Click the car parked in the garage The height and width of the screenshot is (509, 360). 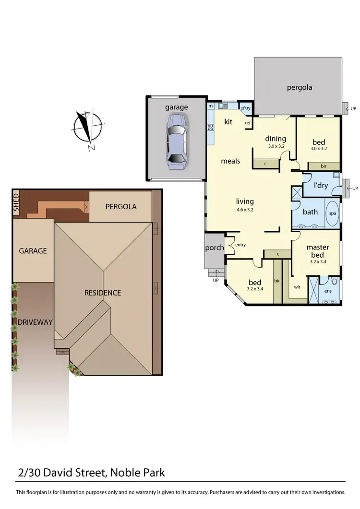pyautogui.click(x=176, y=141)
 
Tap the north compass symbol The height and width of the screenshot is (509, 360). pyautogui.click(x=87, y=128)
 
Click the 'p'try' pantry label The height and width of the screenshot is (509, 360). pyautogui.click(x=246, y=108)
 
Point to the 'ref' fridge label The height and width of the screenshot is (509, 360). pyautogui.click(x=248, y=123)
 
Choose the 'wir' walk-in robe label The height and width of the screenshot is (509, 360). pyautogui.click(x=298, y=287)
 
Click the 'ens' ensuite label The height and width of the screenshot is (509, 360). pyautogui.click(x=328, y=291)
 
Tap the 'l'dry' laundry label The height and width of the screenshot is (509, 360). pyautogui.click(x=321, y=186)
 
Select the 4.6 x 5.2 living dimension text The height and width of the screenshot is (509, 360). pyautogui.click(x=244, y=210)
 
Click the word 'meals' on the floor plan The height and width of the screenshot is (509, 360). pyautogui.click(x=230, y=161)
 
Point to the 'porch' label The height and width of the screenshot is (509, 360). pyautogui.click(x=214, y=248)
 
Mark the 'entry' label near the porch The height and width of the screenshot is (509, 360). pyautogui.click(x=240, y=245)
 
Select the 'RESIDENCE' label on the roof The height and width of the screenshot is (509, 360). pyautogui.click(x=103, y=293)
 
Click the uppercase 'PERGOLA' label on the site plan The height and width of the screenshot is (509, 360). pyautogui.click(x=121, y=207)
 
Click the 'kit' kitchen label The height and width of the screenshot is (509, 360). pyautogui.click(x=228, y=122)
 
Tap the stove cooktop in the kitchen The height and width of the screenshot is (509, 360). pyautogui.click(x=210, y=128)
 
